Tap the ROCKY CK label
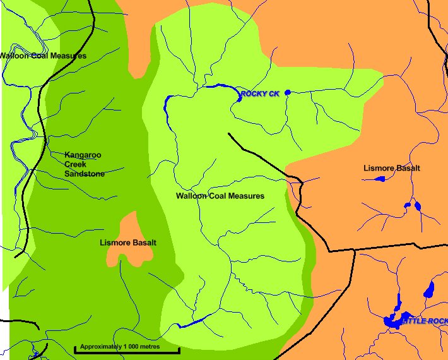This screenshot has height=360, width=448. pos(259,94)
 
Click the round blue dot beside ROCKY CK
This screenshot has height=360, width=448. pos(287,93)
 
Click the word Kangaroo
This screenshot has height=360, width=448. pos(83,155)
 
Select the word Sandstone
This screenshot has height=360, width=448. pos(85,174)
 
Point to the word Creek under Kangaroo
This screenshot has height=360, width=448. pos(75,164)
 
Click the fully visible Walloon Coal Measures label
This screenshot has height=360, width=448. pos(220,196)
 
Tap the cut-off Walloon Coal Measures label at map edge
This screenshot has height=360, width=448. pos(42,56)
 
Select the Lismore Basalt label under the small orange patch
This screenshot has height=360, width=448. pos(128,243)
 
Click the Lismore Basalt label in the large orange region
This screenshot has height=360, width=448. pos(391,168)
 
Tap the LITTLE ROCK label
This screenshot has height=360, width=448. pos(424,321)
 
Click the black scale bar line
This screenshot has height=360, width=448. pos(127,351)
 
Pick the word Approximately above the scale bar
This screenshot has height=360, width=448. pos(100,346)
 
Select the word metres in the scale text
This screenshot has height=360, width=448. pos(151,346)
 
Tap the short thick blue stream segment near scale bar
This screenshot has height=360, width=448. pos(192,323)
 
